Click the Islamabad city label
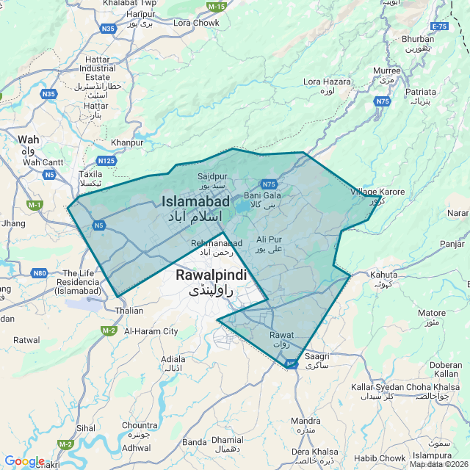pos(195,201)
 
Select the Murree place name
pos(387,70)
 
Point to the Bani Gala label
pos(262,195)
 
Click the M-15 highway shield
pos(216,7)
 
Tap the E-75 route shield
pos(440,26)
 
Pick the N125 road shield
pos(106,160)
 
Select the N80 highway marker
pos(40,273)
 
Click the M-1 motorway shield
pos(35,204)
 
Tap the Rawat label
pos(281,335)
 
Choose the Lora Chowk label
pos(196,23)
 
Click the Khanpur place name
pos(126,142)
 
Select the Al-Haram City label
pos(151,331)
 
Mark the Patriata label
pos(421,92)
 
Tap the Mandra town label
pos(305,421)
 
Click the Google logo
pos(24,461)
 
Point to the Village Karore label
pos(377,192)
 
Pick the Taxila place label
pos(91,175)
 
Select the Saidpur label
pos(213,176)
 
